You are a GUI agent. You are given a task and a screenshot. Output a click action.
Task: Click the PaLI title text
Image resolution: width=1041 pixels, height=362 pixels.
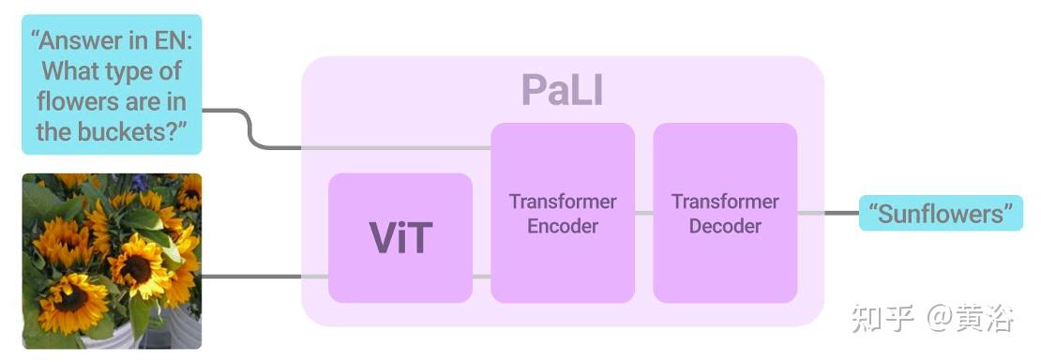(562, 90)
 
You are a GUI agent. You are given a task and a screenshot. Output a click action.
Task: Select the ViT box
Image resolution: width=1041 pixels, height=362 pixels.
(400, 237)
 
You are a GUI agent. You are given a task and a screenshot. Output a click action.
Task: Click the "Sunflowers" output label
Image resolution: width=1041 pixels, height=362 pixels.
(941, 214)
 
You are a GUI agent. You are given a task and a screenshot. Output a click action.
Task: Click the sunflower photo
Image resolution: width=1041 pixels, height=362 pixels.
(112, 261)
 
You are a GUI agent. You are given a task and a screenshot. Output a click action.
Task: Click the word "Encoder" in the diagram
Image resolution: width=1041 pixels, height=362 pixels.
(563, 226)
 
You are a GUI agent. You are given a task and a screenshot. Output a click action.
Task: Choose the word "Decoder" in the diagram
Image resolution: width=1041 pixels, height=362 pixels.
(725, 226)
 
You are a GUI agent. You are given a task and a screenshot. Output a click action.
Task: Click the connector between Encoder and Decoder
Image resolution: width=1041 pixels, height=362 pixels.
(644, 214)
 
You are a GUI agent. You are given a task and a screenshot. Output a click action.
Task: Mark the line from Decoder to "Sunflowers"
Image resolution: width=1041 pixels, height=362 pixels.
(828, 214)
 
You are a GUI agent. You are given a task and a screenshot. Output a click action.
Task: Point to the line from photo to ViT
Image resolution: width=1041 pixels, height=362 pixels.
(263, 277)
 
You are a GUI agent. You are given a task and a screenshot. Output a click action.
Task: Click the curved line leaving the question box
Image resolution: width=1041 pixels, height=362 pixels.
(249, 128)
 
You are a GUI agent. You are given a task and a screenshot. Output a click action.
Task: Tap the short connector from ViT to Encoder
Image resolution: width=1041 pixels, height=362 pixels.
(481, 277)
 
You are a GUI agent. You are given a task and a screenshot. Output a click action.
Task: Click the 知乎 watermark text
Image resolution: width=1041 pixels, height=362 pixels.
(881, 319)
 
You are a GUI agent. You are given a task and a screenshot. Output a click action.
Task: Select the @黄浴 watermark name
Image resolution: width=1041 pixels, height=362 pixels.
(972, 319)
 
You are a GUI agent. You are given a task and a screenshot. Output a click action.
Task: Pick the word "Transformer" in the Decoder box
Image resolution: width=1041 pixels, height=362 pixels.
(725, 202)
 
